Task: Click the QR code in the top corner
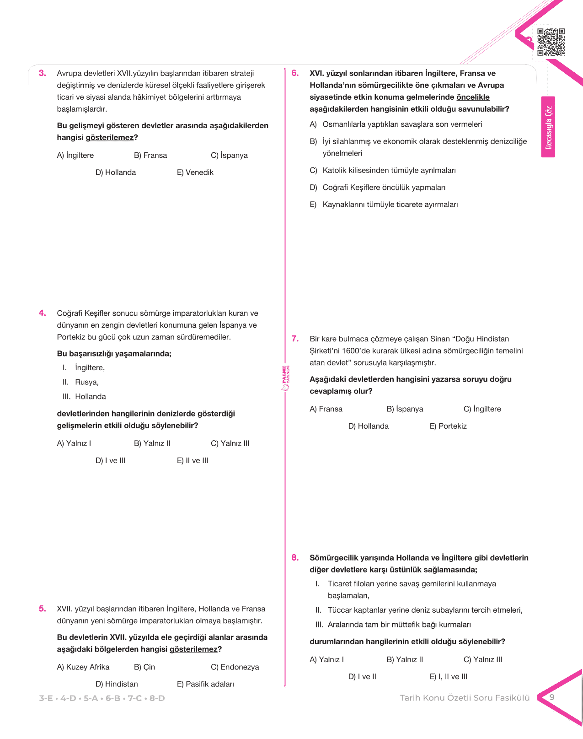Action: [551, 42]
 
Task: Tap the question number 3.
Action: [42, 73]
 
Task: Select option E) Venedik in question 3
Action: [195, 173]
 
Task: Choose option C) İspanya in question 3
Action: [229, 156]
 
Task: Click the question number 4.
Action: [42, 313]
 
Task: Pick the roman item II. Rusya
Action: [81, 382]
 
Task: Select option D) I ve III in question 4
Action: [110, 461]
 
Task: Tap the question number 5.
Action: [42, 609]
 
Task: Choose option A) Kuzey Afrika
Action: [83, 667]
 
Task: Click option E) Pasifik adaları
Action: [205, 684]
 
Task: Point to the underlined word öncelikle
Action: [473, 97]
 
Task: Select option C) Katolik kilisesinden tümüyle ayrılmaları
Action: [383, 171]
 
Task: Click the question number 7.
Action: [295, 339]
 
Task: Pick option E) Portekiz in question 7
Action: [448, 426]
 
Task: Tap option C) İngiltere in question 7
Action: [482, 409]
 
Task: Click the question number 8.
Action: [295, 558]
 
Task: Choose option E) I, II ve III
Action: [448, 677]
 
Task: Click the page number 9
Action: [552, 697]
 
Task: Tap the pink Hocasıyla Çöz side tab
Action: [548, 127]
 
